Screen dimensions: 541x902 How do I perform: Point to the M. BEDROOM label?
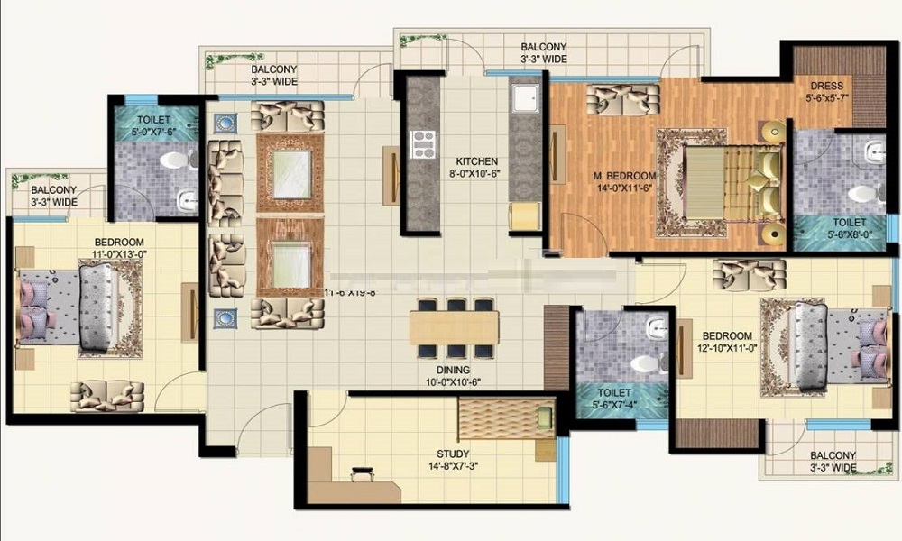coord(624,175)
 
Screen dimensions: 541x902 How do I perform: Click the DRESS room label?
coord(826,87)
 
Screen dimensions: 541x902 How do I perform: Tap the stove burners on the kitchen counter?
coord(422,144)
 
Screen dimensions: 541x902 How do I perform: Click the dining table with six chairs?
coord(454,327)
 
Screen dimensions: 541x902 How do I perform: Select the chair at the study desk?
coord(363,473)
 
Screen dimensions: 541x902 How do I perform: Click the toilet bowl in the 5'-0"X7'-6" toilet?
coord(175,160)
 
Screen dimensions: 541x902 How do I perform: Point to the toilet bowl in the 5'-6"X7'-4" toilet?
coord(644,363)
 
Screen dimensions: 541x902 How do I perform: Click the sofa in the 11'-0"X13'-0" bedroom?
coord(106,394)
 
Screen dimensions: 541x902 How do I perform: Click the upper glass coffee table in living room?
coord(291,173)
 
